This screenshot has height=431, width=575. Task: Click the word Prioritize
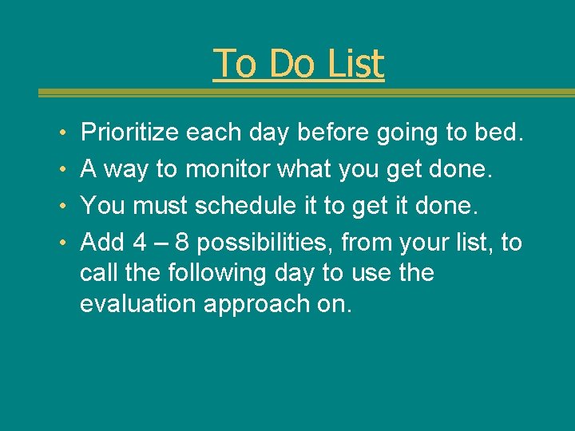coord(130,132)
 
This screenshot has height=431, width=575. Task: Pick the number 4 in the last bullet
coord(139,243)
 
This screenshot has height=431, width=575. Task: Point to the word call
coord(97,273)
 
